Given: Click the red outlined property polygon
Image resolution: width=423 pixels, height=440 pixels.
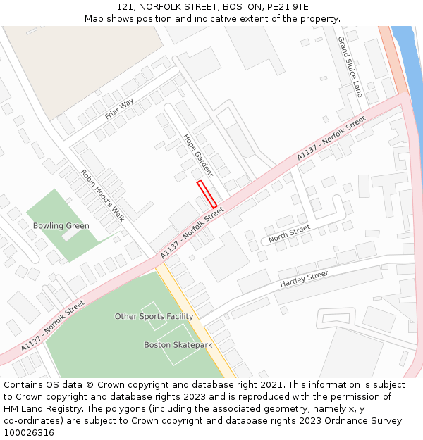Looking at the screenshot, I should (207, 194).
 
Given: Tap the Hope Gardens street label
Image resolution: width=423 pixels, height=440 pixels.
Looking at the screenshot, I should (198, 156).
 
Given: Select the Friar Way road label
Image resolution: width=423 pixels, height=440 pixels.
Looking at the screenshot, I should (119, 108).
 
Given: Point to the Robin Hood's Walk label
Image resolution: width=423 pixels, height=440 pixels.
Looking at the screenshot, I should (102, 195).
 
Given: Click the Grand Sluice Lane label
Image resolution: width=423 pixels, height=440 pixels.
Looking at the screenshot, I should (350, 66).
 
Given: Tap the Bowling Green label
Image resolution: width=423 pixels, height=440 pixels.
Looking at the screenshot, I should (61, 226).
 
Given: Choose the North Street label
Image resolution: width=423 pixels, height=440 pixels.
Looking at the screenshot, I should (289, 232).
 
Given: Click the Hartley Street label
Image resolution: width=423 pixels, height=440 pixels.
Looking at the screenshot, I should (304, 278).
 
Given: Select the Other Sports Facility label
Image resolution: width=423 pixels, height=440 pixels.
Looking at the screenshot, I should (154, 317).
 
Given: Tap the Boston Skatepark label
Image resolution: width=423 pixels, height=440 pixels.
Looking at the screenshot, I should (178, 345).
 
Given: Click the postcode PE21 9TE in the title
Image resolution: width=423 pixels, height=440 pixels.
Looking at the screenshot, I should (289, 7).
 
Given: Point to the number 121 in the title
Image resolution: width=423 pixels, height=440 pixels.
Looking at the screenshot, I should (125, 7).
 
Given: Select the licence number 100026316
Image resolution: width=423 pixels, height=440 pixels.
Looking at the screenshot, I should (30, 432).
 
